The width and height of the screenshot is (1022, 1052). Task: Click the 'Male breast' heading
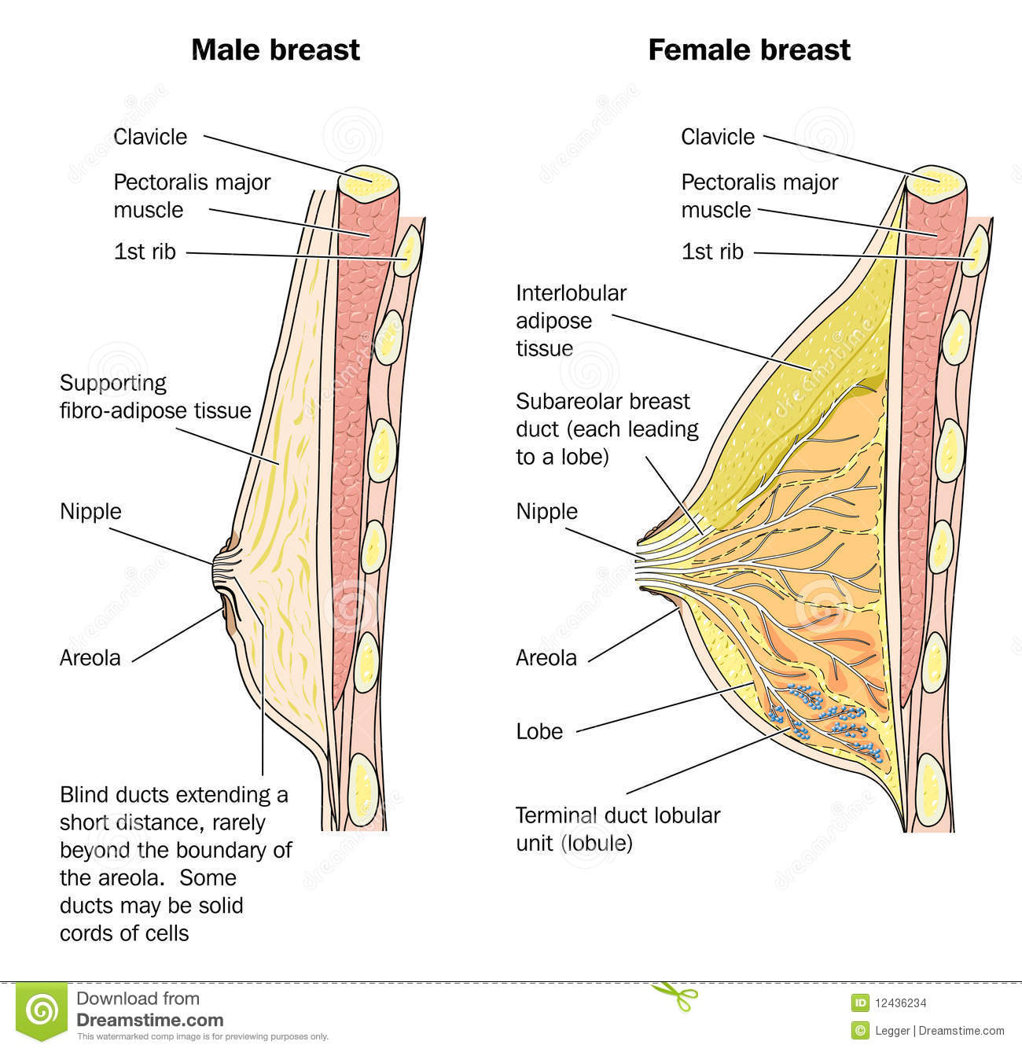[275, 50]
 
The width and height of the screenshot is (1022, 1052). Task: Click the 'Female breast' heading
[748, 50]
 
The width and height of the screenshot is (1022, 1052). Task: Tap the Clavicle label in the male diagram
[150, 137]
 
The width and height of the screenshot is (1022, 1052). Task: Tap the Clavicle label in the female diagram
[717, 137]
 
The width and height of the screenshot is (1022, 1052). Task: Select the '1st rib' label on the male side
[145, 252]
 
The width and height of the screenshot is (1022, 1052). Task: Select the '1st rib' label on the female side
[711, 252]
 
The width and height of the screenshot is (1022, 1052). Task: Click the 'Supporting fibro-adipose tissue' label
[156, 397]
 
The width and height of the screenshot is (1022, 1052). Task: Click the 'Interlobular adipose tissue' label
[571, 321]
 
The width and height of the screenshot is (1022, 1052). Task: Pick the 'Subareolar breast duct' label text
[606, 429]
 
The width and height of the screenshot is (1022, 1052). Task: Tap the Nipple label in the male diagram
[90, 512]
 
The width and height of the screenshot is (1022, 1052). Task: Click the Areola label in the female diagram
[546, 658]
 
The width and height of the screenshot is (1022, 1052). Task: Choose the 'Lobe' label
[539, 732]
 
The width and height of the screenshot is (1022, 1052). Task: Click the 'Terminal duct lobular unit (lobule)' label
[617, 829]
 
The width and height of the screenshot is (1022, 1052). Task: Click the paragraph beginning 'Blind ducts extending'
[175, 863]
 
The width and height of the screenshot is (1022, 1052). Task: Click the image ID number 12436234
[899, 1002]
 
